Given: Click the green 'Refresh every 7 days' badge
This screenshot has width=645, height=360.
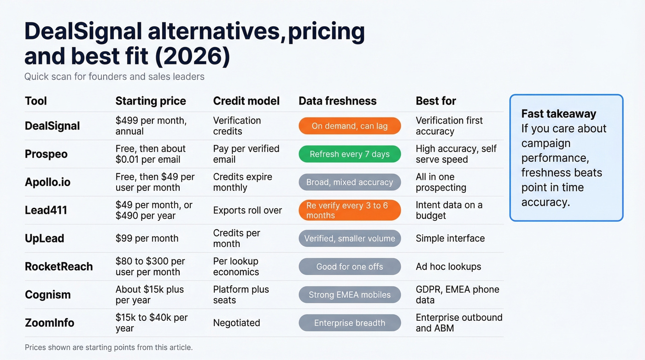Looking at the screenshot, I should tap(350, 154).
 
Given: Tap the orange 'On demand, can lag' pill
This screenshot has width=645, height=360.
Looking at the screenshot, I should tap(350, 126).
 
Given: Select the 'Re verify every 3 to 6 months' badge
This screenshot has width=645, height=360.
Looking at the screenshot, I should tap(350, 210).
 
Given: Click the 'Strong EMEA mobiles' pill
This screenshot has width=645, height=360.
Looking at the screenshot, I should tap(350, 295).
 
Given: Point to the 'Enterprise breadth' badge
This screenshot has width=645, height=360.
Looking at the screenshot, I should tap(350, 323).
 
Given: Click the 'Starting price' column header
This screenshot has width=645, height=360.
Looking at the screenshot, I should tap(151, 101).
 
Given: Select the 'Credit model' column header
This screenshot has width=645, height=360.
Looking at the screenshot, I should tap(246, 101).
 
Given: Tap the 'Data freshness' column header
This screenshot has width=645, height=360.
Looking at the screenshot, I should tap(337, 101).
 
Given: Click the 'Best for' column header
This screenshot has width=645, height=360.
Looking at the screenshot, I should tap(436, 101).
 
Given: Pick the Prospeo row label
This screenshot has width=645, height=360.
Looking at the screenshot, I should tap(46, 154).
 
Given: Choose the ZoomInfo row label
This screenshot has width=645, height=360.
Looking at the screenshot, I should tap(49, 323).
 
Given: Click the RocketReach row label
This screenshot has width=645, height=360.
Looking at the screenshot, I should tap(59, 266).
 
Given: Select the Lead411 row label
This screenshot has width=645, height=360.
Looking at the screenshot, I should tap(46, 210).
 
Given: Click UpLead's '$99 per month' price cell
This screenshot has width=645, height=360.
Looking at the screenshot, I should tap(147, 238).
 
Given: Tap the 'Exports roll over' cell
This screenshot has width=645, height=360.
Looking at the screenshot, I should tap(247, 210).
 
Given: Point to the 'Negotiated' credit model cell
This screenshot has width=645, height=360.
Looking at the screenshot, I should tap(236, 323).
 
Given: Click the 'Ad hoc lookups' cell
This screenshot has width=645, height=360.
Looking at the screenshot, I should tap(448, 266).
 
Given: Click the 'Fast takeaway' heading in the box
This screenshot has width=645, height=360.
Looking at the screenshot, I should tap(558, 114).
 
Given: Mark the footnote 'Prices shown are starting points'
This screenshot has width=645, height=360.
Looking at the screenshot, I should tap(109, 348).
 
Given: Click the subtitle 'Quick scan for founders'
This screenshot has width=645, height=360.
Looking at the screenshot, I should tap(114, 77).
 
